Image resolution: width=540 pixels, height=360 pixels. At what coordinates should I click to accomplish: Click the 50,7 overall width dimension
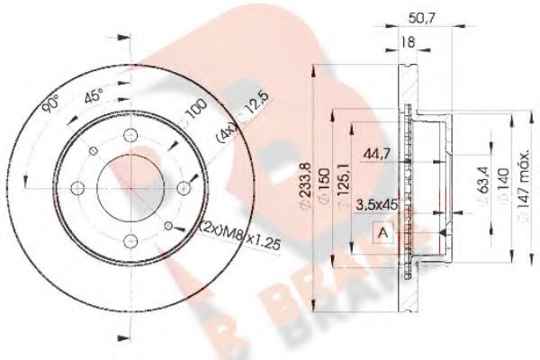pos(417,16)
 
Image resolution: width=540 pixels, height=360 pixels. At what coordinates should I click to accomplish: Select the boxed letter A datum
pos(382,233)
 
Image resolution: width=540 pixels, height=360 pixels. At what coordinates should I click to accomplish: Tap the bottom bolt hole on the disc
pos(130,239)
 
